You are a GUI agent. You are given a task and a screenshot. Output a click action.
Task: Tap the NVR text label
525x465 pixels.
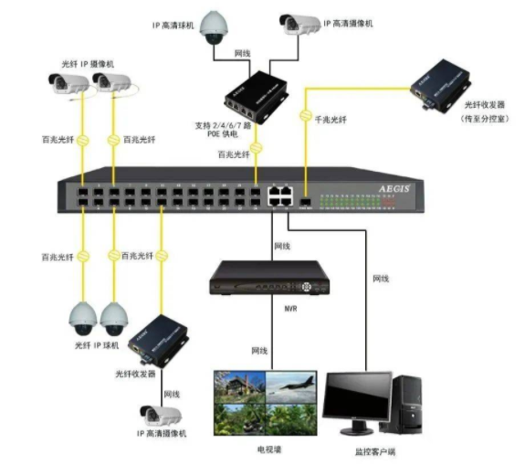point(290,309)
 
